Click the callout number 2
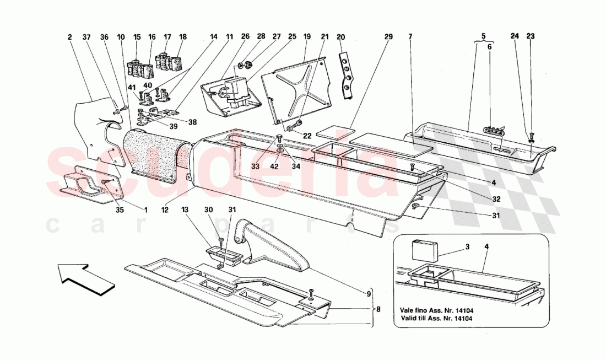[x=70, y=37]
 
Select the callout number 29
[x=388, y=37]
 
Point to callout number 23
[x=530, y=37]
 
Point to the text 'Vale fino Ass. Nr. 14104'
[x=437, y=310]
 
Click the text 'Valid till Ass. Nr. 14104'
[x=436, y=319]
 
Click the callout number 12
[x=165, y=209]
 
